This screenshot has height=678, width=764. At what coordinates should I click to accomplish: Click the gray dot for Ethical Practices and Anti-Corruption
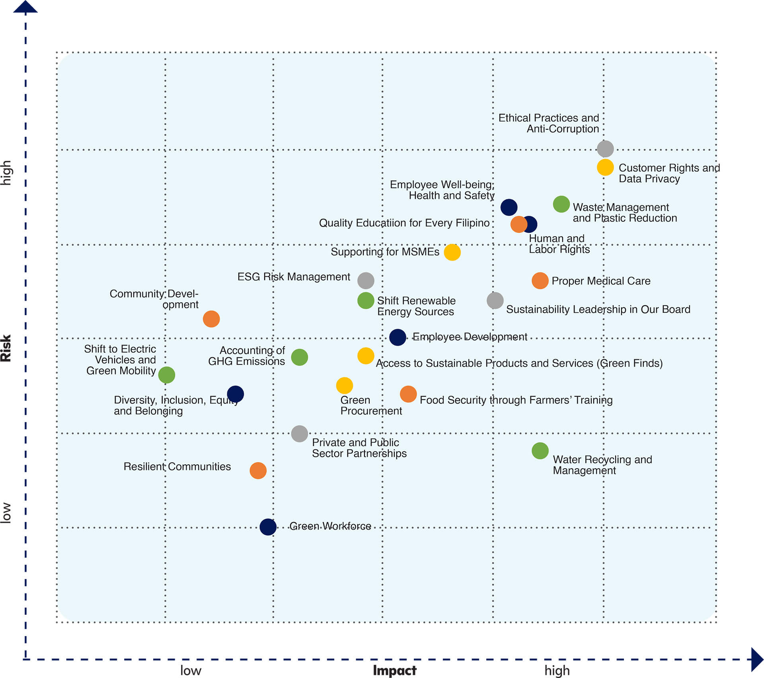coord(605,149)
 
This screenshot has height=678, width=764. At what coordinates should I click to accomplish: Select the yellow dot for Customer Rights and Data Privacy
coord(605,168)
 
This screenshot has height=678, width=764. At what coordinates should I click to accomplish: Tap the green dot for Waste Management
coord(561,204)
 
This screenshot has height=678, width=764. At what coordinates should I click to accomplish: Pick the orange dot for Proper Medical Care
coord(540,281)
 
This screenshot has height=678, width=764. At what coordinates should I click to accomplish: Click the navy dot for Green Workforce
coord(268,527)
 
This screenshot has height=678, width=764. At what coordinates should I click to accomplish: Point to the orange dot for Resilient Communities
coord(258,471)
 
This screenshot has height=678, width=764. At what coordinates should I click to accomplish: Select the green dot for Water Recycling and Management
coord(540,451)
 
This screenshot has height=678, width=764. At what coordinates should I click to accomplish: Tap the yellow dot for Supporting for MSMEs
coord(452,252)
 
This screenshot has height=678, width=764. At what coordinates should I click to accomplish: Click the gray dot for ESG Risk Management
coord(366,281)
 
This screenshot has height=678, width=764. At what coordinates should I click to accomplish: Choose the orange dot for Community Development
coord(211,319)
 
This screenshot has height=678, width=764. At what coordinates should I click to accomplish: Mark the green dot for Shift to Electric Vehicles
coord(166,375)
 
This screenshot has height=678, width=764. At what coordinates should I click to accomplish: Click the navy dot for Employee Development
coord(398,337)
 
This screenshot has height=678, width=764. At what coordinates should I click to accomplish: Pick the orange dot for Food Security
coord(408,394)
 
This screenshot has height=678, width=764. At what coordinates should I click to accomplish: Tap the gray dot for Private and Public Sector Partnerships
coord(299,434)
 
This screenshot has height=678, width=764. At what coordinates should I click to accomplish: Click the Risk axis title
coord(6,348)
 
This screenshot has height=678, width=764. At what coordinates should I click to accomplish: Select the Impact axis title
coord(394,670)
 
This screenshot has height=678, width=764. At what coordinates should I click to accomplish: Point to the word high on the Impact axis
coord(557,670)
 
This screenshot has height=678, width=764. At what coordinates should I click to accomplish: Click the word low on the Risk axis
coord(6,513)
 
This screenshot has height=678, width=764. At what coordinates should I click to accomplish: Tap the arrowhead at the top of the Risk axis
coord(25,6)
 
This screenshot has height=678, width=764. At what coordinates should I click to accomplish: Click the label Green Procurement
coord(371,405)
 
